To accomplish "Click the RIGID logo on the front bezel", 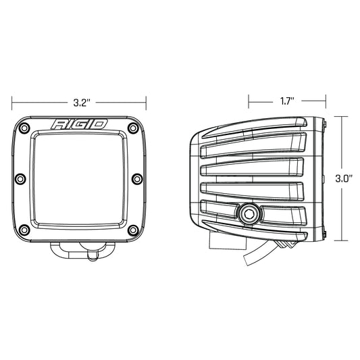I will pyautogui.click(x=79, y=125).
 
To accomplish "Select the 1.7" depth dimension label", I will pyautogui.click(x=287, y=101).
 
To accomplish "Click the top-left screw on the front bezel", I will pyautogui.click(x=24, y=128).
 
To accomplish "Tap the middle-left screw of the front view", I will pyautogui.click(x=21, y=178).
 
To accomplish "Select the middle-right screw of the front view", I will pyautogui.click(x=138, y=178).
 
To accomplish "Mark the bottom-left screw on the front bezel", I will pyautogui.click(x=24, y=228).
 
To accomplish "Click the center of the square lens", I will pyautogui.click(x=80, y=179).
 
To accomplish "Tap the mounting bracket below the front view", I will pyautogui.click(x=80, y=251).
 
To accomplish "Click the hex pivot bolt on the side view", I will pyautogui.click(x=247, y=215).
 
